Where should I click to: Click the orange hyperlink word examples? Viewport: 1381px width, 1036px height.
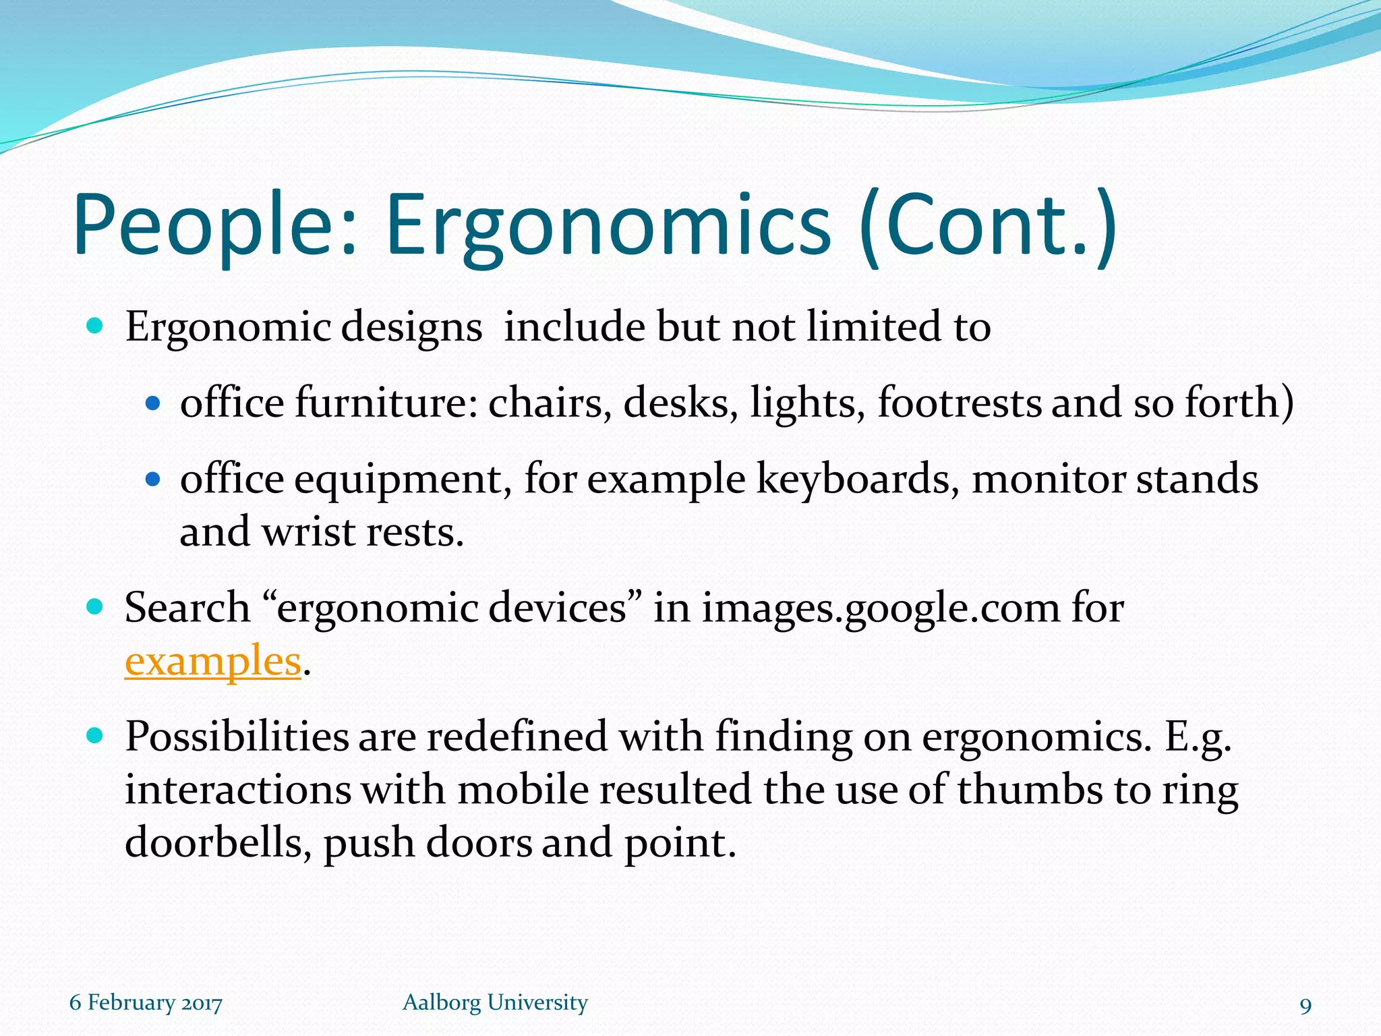(x=212, y=662)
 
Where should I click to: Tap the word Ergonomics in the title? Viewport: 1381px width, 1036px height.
(x=608, y=226)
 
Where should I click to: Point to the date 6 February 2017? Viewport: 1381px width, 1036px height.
(x=146, y=1002)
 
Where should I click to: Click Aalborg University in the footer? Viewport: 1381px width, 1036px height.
(x=495, y=1002)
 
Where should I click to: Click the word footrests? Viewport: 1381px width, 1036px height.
(x=959, y=403)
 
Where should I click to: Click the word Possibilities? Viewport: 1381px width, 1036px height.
(x=237, y=737)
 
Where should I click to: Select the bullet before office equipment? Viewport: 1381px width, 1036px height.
(x=154, y=480)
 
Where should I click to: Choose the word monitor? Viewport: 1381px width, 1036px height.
(x=1049, y=479)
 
